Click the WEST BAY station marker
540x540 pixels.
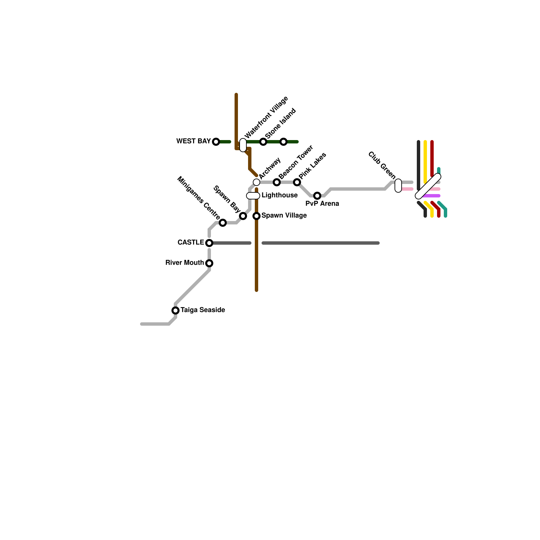pos(216,142)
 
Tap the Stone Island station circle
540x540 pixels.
pos(263,142)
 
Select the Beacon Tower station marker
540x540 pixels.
pos(277,182)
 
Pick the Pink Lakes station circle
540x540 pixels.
pos(297,182)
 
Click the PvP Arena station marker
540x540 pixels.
pos(317,196)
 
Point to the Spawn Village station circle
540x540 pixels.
pos(256,216)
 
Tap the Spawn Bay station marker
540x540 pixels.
pos(243,216)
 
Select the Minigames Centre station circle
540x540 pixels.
pos(223,223)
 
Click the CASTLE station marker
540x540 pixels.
pos(209,243)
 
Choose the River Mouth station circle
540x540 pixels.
pos(209,263)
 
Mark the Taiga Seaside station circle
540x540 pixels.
pos(175,310)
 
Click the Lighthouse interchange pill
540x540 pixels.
pos(253,196)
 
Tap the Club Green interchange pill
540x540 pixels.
pos(398,186)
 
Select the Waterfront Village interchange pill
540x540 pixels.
pos(243,145)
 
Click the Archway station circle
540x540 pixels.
pos(256,182)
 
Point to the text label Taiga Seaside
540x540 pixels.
pos(203,310)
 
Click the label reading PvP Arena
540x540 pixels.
pos(322,204)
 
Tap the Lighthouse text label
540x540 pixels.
pos(279,195)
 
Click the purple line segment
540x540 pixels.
pos(431,196)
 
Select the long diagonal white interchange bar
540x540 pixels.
pos(428,186)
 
